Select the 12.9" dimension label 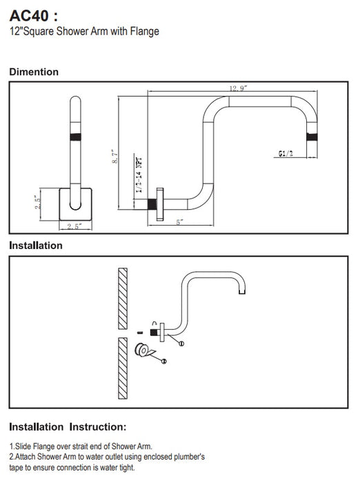pyautogui.click(x=238, y=89)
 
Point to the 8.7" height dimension pyautogui.click(x=115, y=157)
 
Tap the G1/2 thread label pyautogui.click(x=286, y=153)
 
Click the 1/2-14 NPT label pyautogui.click(x=139, y=175)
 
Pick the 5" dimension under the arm pyautogui.click(x=180, y=221)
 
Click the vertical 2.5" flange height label pyautogui.click(x=37, y=202)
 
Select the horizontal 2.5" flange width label pyautogui.click(x=74, y=226)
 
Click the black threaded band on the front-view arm pyautogui.click(x=75, y=137)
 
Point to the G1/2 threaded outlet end pyautogui.click(x=312, y=137)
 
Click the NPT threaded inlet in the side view pyautogui.click(x=152, y=204)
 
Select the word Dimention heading pyautogui.click(x=34, y=72)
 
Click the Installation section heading pyautogui.click(x=36, y=246)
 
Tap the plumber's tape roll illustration pyautogui.click(x=145, y=351)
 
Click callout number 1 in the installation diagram pyautogui.click(x=181, y=344)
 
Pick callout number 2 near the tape pyautogui.click(x=164, y=361)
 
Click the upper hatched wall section pyautogui.click(x=123, y=299)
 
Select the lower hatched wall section pyautogui.click(x=123, y=368)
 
